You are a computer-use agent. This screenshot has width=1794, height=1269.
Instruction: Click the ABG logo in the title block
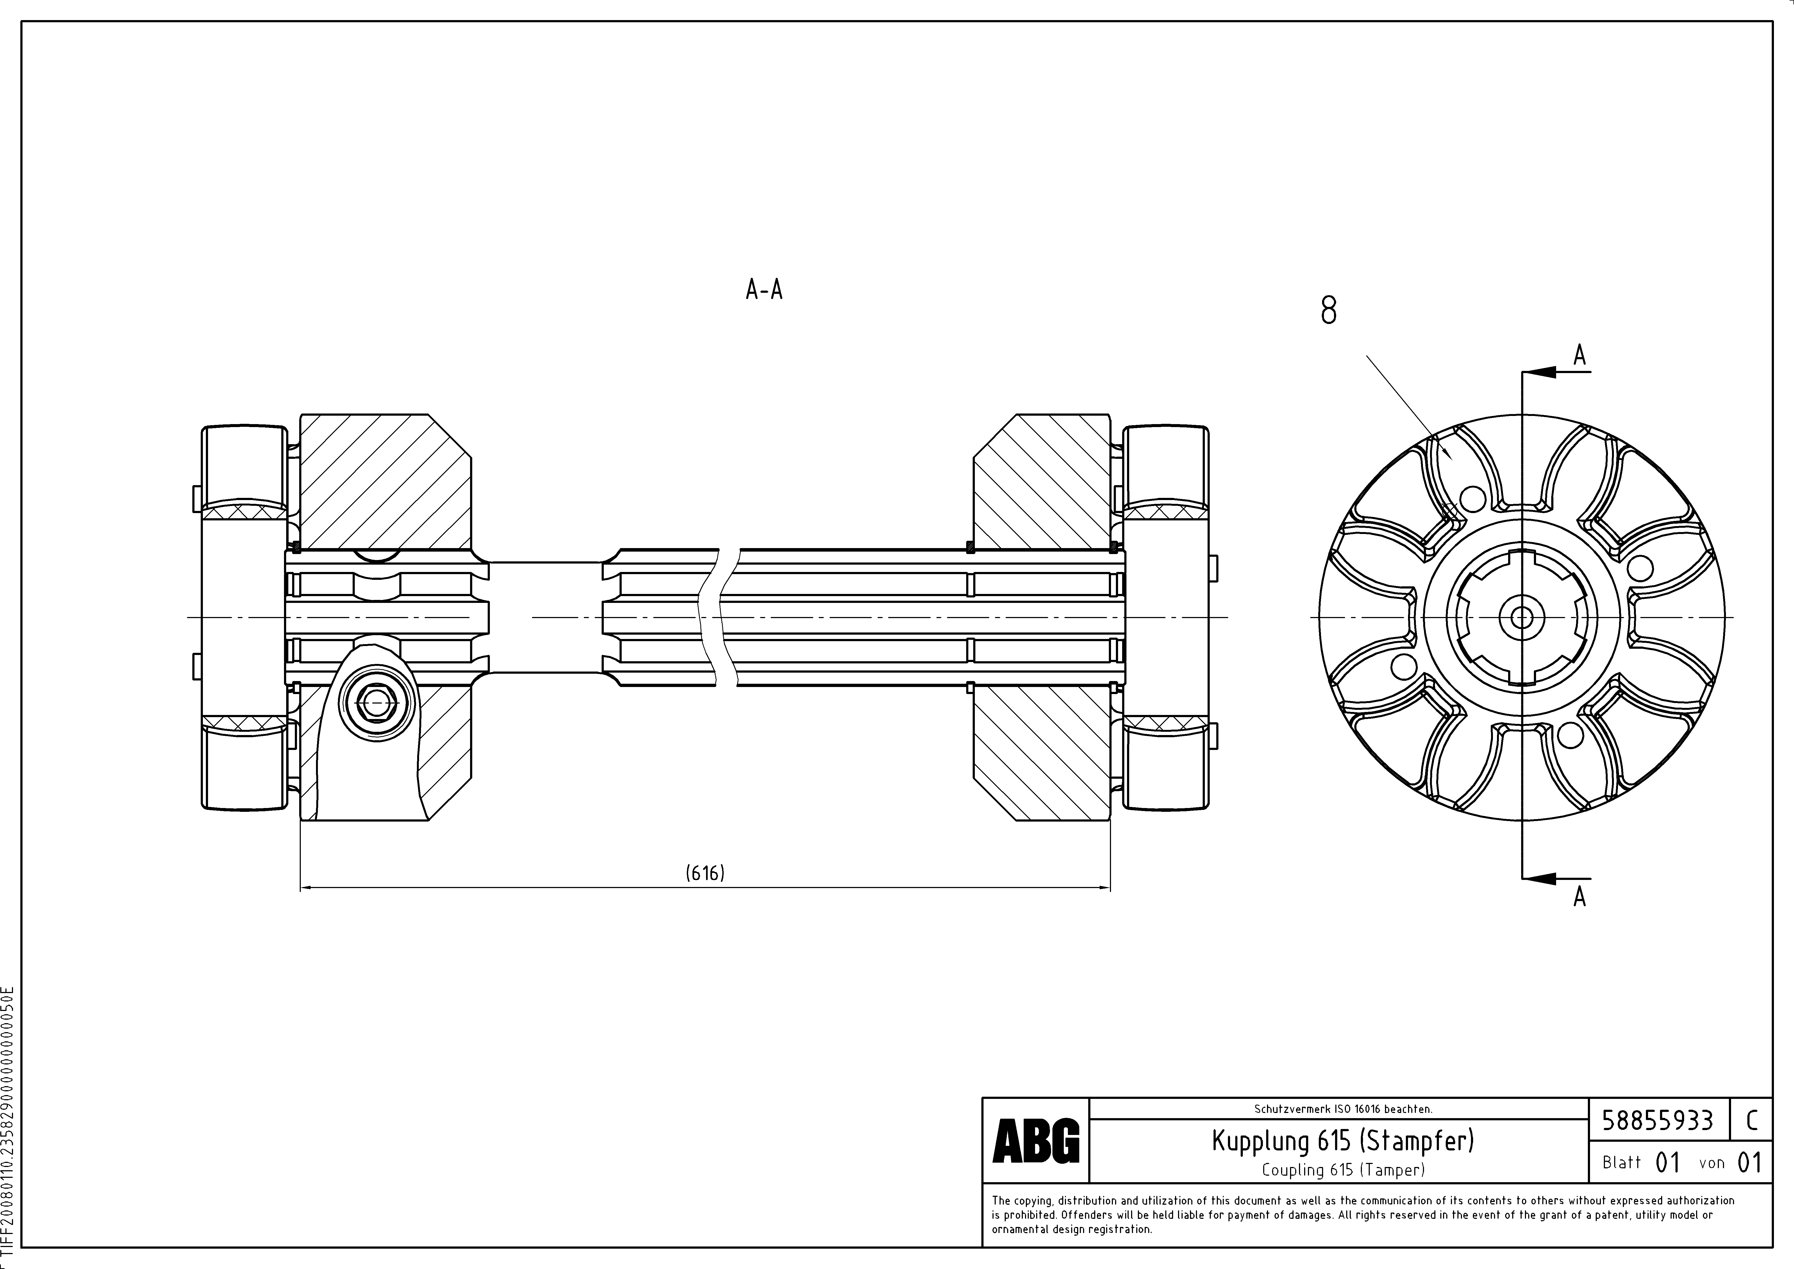tap(1035, 1141)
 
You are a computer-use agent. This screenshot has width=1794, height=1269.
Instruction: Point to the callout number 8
tap(1328, 310)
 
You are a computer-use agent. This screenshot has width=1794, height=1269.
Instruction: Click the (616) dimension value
tap(705, 873)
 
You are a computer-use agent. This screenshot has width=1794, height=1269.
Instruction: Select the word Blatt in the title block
tap(1621, 1163)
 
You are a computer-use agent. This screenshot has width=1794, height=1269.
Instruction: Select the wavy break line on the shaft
tap(717, 617)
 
